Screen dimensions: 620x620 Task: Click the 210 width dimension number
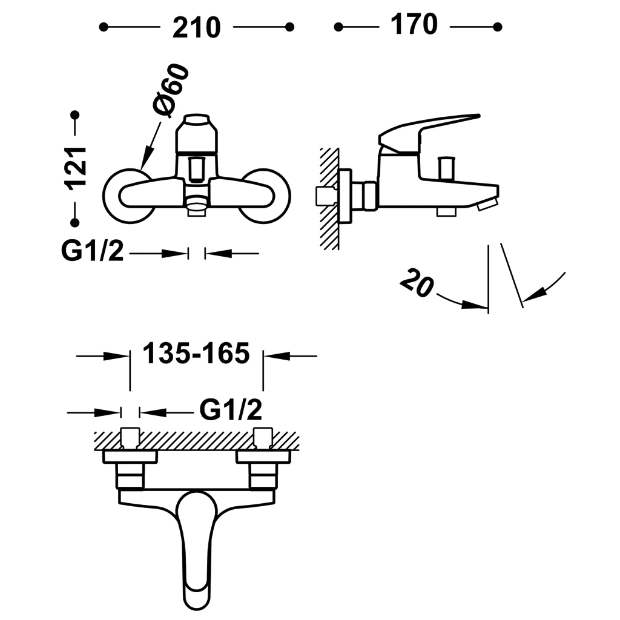(197, 27)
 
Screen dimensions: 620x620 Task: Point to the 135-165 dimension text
(196, 353)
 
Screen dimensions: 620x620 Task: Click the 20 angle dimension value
(417, 282)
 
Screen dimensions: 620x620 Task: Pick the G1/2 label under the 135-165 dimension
(231, 410)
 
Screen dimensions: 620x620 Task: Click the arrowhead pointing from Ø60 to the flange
(146, 159)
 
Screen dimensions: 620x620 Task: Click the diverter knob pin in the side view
(446, 169)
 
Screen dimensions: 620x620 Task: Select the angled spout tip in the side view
(487, 205)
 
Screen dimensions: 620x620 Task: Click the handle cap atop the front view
(197, 133)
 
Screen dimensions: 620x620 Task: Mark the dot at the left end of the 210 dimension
(104, 27)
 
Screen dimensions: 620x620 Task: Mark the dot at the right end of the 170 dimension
(498, 27)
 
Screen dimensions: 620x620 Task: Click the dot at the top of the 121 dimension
(74, 115)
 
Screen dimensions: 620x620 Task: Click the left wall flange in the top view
(130, 457)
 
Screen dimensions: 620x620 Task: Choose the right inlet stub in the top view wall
(263, 438)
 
